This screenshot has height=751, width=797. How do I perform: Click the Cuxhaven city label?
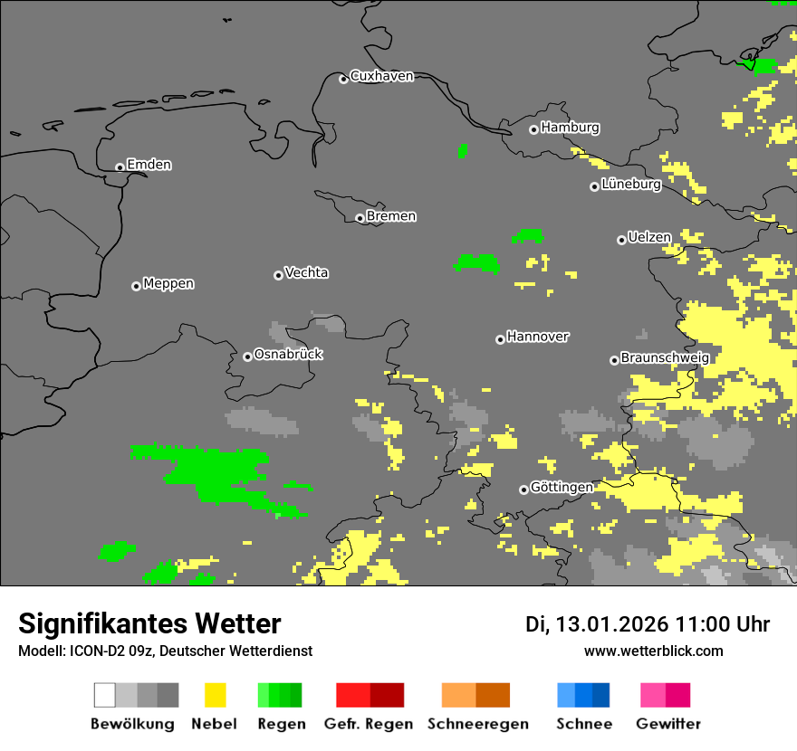pos(381,76)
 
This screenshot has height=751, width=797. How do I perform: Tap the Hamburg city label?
pos(570,128)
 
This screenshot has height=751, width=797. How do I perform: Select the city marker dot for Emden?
pos(120,167)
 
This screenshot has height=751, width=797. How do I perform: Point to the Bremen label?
pos(391,216)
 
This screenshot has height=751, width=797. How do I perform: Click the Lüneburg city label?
pos(631,184)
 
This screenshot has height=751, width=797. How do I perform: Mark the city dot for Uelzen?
pos(621,240)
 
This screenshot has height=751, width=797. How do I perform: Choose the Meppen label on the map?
pos(168,284)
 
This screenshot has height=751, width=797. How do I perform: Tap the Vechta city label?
pos(306,272)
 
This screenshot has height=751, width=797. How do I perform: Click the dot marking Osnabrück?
pos(247,356)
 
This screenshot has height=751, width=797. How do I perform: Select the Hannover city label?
pos(538,337)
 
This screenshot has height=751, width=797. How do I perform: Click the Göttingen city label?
pos(562,487)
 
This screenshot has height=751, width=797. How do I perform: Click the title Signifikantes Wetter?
pos(149,623)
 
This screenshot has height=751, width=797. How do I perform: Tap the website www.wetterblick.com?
pos(653,651)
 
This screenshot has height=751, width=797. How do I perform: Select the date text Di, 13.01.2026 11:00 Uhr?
pos(647,624)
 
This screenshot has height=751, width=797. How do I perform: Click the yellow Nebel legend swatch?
pos(215,695)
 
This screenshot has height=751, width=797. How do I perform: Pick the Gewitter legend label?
pos(668,724)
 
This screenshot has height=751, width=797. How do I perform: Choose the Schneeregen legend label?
pos(478,724)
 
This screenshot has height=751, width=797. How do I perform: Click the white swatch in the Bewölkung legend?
pos(105,695)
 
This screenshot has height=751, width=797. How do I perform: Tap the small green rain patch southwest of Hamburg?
pos(463,151)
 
